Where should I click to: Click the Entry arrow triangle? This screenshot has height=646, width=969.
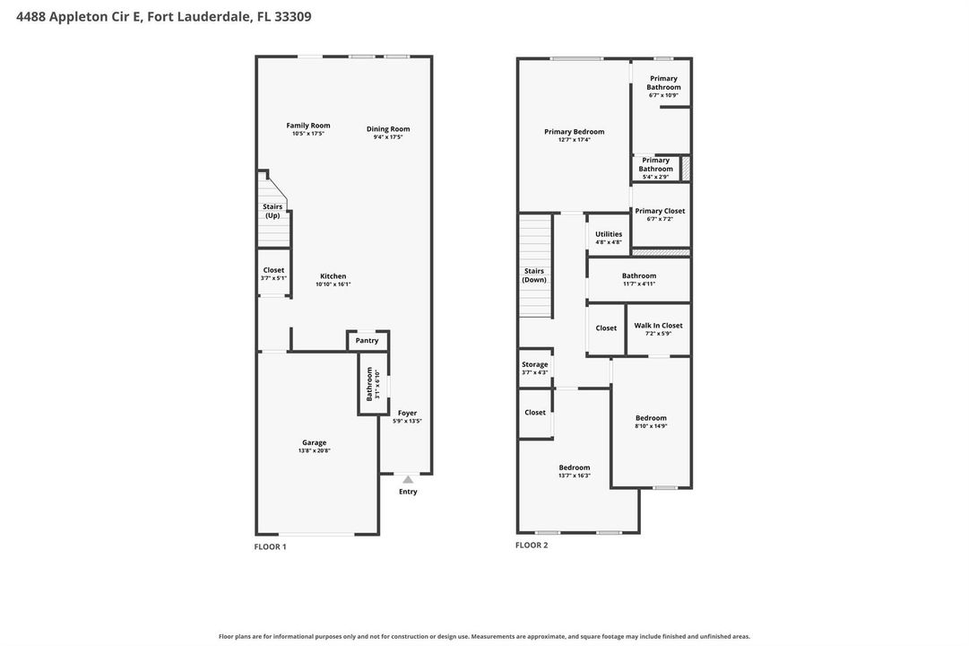pos(408,479)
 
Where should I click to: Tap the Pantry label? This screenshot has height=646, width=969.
pos(368,341)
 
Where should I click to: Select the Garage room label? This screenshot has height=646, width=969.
pos(314,442)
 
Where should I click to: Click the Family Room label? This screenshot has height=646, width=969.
pos(307,126)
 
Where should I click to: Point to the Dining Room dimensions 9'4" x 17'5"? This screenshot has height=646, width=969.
pos(388,137)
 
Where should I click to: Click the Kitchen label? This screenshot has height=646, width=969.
pos(333,276)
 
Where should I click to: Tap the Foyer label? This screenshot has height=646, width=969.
pos(407,413)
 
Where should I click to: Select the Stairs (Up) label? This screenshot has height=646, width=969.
pos(273,211)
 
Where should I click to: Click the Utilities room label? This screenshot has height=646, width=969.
pos(609,234)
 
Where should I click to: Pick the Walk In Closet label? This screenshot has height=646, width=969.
pos(658,326)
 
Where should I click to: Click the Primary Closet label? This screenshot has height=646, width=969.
pos(660,211)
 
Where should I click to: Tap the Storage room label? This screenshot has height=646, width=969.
pos(534,364)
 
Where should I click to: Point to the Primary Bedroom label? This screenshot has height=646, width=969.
pos(574,132)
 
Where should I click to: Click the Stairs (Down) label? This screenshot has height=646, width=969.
pos(534,275)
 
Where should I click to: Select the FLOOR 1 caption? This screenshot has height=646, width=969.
pos(270,547)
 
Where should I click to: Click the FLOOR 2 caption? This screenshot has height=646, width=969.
pos(532,546)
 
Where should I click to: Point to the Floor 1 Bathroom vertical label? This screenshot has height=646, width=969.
pos(369,384)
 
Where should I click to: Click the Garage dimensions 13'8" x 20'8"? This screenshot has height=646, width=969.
pos(314,451)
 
